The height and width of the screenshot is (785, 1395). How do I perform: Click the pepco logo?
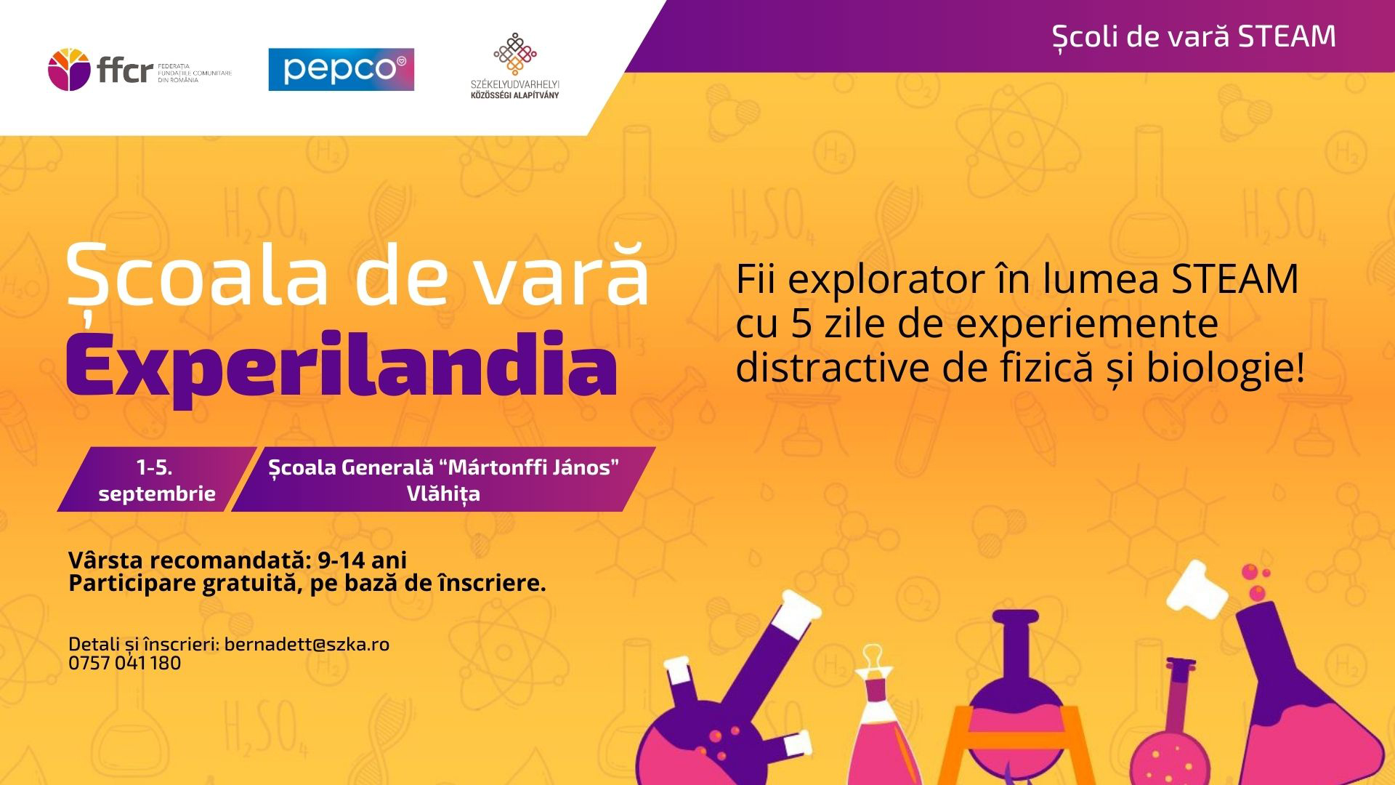click(341, 69)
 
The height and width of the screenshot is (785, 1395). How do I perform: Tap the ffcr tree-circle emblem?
click(70, 71)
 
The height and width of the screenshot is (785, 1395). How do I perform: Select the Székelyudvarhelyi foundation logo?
click(515, 65)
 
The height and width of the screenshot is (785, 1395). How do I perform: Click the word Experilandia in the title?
click(341, 368)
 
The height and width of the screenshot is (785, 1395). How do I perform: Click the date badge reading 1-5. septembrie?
click(157, 480)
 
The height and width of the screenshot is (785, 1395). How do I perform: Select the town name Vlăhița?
click(443, 494)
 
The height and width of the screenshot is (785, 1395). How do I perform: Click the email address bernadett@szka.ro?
click(307, 644)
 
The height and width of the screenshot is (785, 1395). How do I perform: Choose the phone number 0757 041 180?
click(124, 663)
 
